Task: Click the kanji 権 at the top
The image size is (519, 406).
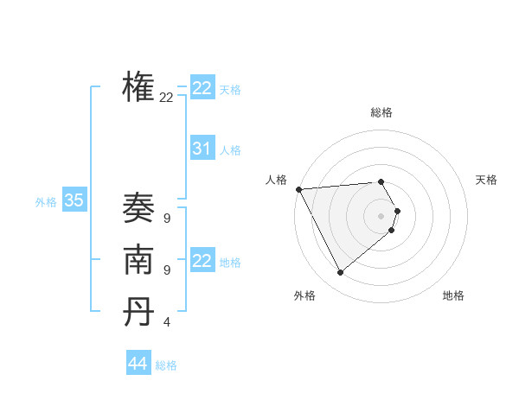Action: (x=138, y=87)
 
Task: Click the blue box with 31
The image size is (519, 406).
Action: (x=202, y=149)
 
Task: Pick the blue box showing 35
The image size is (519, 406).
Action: (x=74, y=201)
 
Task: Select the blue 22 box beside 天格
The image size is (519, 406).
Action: (x=202, y=88)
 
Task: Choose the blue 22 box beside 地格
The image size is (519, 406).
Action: (x=202, y=261)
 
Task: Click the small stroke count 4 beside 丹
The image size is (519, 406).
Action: (x=166, y=322)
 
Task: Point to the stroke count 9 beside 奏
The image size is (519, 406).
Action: (x=166, y=219)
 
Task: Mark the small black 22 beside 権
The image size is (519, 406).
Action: (x=166, y=98)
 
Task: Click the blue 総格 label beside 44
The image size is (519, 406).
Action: (x=166, y=365)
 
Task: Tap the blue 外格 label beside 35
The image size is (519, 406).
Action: (x=46, y=202)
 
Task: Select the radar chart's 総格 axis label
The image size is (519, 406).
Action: (x=381, y=112)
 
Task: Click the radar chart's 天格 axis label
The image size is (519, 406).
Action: (x=486, y=180)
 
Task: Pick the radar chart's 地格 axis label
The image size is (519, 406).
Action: (x=453, y=295)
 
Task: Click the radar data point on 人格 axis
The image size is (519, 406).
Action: (x=298, y=189)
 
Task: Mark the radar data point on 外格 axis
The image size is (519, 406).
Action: (x=340, y=273)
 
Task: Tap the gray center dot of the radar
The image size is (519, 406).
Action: (x=381, y=216)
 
